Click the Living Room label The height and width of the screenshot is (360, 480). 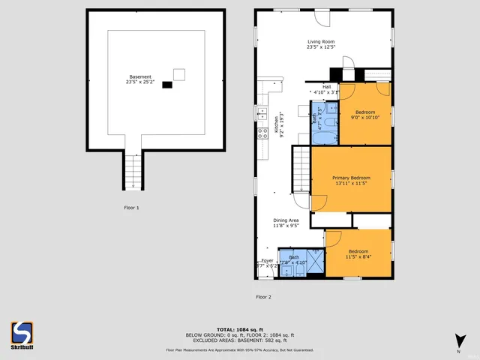click(321, 42)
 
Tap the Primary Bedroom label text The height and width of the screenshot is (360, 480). click(351, 178)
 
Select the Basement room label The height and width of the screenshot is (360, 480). click(140, 76)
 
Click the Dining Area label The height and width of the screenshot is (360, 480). click(285, 219)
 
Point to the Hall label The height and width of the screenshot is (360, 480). click(326, 86)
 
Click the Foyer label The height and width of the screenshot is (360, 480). click(267, 260)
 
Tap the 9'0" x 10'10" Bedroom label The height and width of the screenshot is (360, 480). click(365, 113)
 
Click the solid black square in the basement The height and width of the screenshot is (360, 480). click(166, 85)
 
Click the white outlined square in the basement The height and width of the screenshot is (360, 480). click(178, 73)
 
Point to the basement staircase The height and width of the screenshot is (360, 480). click(133, 172)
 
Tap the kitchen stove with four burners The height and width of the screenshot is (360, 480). click(263, 133)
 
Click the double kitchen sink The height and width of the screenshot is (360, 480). click(262, 113)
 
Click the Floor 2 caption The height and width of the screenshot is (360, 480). click(263, 297)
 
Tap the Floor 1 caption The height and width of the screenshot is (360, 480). click(131, 207)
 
